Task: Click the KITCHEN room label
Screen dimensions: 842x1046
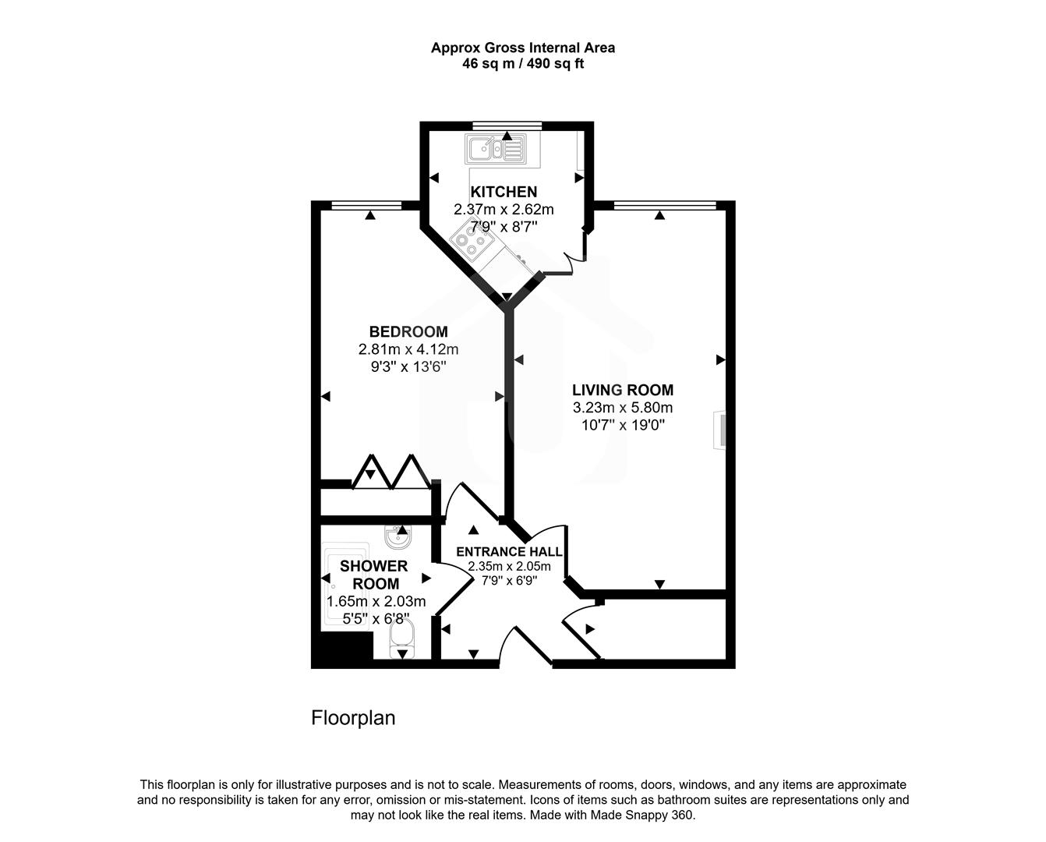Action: pos(504,192)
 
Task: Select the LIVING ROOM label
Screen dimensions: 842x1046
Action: pos(623,390)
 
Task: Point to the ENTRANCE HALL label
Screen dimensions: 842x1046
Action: pos(509,551)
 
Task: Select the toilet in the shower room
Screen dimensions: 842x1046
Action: pos(402,641)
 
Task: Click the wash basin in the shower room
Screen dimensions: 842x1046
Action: pos(399,536)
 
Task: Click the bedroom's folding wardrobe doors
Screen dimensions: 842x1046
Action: pos(390,472)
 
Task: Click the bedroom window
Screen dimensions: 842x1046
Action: pos(366,206)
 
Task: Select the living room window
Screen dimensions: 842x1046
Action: pos(665,206)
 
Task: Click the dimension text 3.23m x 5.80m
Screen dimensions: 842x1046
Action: pos(623,408)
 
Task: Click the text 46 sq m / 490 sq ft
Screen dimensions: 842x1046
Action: pos(523,64)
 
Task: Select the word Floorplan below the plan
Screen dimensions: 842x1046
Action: pos(353,717)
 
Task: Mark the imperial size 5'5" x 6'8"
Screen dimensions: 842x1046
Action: pos(376,619)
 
